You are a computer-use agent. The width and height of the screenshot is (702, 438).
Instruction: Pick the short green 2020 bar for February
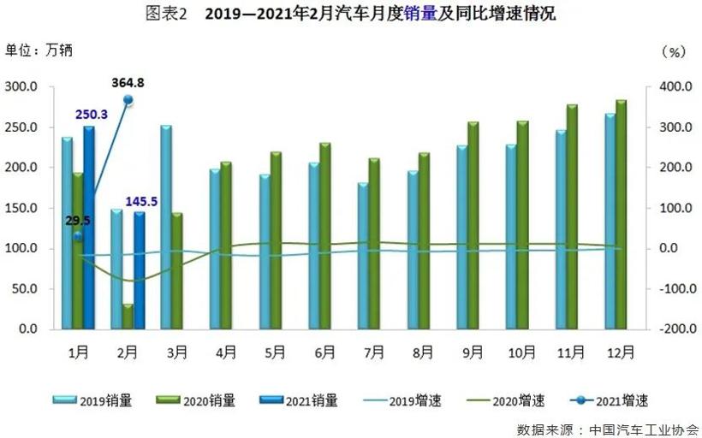(x=128, y=316)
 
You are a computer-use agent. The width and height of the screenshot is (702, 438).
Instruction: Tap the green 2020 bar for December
(x=621, y=214)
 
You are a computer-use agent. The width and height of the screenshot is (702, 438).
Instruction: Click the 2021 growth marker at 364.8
(x=128, y=100)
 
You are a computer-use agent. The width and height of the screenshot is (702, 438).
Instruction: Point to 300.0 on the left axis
(x=21, y=86)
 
